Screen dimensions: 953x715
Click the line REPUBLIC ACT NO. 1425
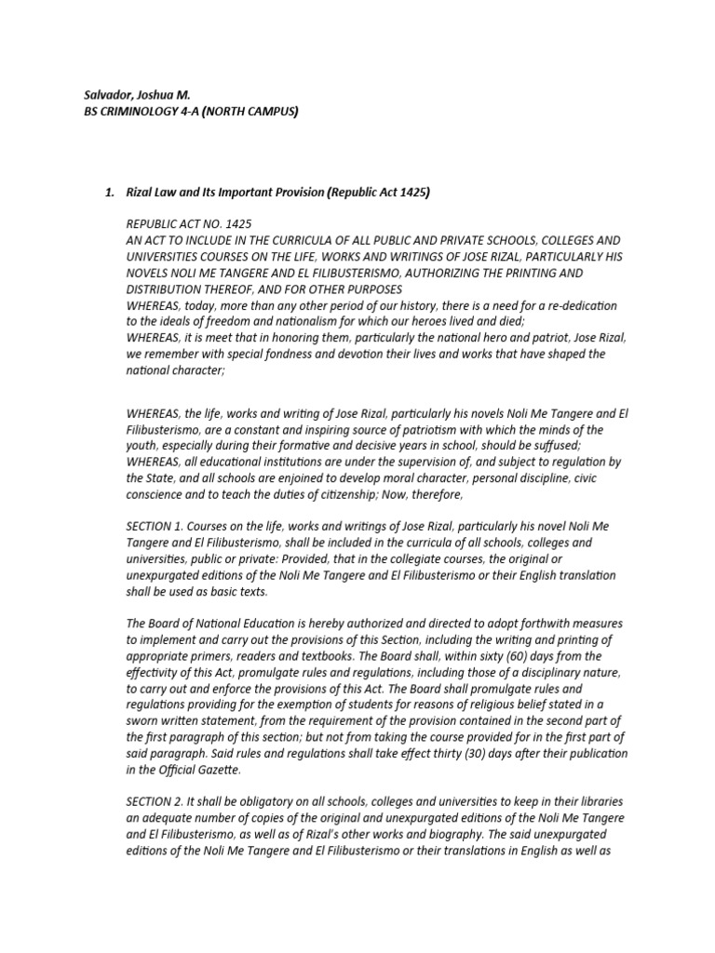click(188, 224)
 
